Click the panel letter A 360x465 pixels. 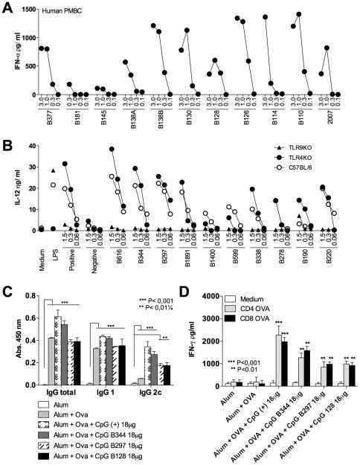(x=6, y=7)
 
